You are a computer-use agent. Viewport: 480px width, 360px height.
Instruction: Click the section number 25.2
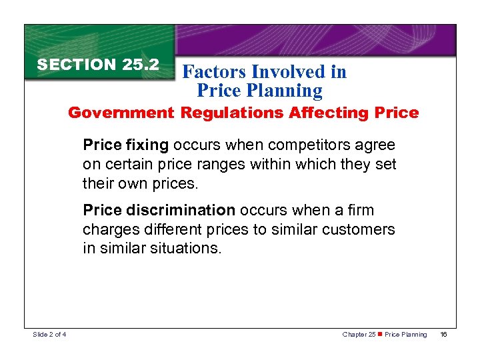[x=141, y=65]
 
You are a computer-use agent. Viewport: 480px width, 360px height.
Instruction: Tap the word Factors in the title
[x=213, y=72]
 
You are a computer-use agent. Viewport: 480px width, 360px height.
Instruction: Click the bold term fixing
[x=146, y=145]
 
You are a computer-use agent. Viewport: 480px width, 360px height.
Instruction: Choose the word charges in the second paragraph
[x=106, y=230]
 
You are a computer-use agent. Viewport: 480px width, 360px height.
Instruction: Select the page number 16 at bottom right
[x=443, y=334]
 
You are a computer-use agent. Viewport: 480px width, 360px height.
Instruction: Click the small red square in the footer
[x=379, y=334]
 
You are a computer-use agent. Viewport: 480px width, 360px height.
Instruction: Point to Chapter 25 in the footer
[x=359, y=334]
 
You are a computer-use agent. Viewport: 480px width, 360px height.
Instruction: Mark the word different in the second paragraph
[x=161, y=230]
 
